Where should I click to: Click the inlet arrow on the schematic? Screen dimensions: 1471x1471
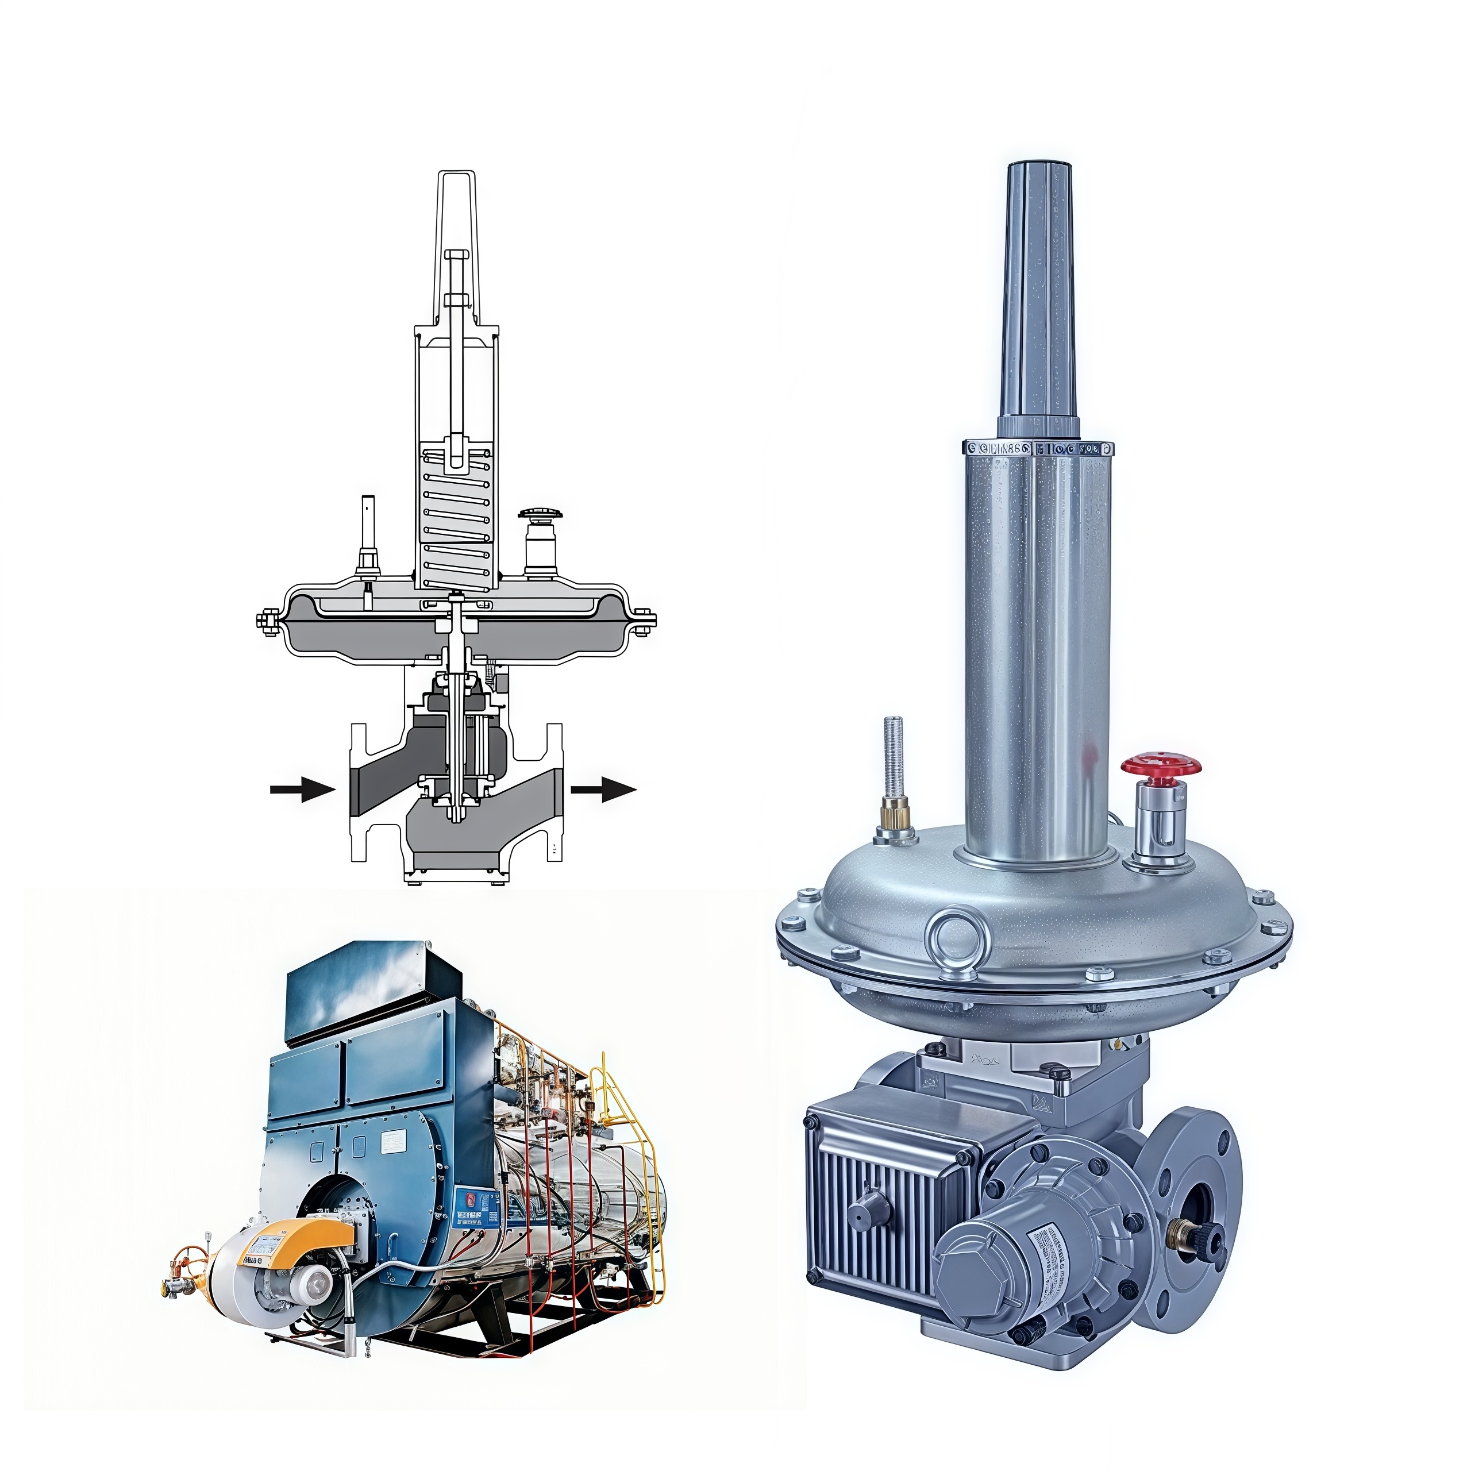pos(302,790)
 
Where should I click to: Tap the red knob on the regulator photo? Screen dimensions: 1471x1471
pos(1159,766)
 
